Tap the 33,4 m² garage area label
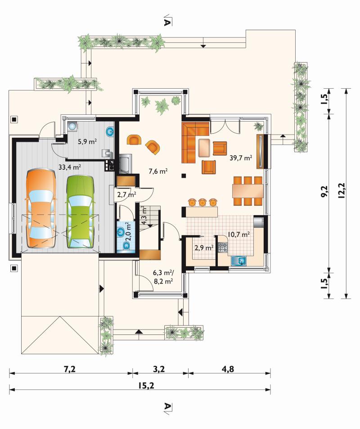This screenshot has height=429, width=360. (69, 167)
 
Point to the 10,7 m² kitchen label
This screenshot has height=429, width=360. (238, 234)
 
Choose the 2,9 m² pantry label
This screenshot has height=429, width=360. (204, 248)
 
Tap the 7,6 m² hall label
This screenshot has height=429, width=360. (158, 171)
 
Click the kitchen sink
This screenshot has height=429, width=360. (239, 261)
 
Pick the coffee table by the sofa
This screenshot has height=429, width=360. (204, 148)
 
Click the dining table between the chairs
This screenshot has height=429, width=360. (248, 191)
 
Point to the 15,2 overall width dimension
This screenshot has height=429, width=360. (146, 385)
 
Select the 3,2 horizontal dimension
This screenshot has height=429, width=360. (159, 369)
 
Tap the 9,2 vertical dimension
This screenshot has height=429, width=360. (324, 191)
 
